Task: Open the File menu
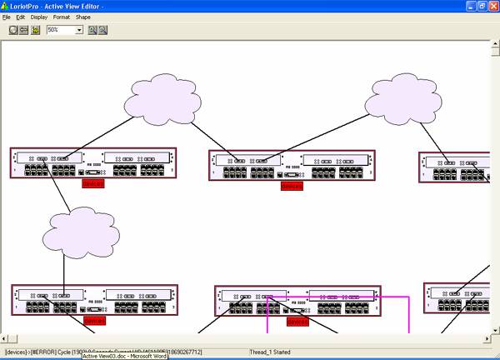coord(7,17)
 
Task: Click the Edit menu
coord(21,17)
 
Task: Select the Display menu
coord(39,17)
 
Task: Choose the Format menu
coord(62,17)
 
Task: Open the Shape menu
coord(83,17)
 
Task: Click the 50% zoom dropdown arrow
coord(79,30)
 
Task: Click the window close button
coord(493,6)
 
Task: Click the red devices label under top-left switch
coord(93,183)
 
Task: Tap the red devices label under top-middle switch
coord(292,186)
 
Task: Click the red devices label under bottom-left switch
coord(95,320)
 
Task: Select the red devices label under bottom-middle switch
coord(297,321)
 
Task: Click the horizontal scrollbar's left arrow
coord(5,338)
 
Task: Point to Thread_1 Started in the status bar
coord(270,352)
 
